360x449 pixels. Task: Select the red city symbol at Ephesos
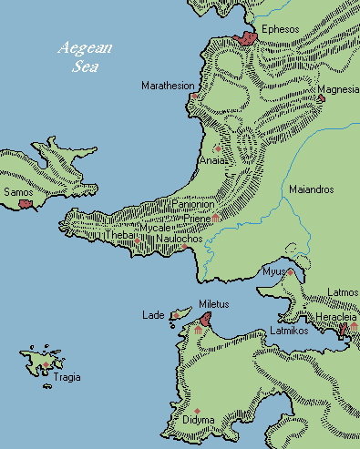(x=245, y=38)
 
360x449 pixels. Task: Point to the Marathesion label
(x=168, y=86)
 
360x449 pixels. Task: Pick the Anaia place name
(x=210, y=160)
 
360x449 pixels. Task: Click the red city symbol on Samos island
(x=25, y=205)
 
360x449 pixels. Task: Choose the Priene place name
(x=197, y=219)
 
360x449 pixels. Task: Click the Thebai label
(x=120, y=234)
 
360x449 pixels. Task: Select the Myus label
(x=273, y=271)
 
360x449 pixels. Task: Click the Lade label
(x=152, y=315)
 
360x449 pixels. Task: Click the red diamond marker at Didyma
(x=196, y=412)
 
